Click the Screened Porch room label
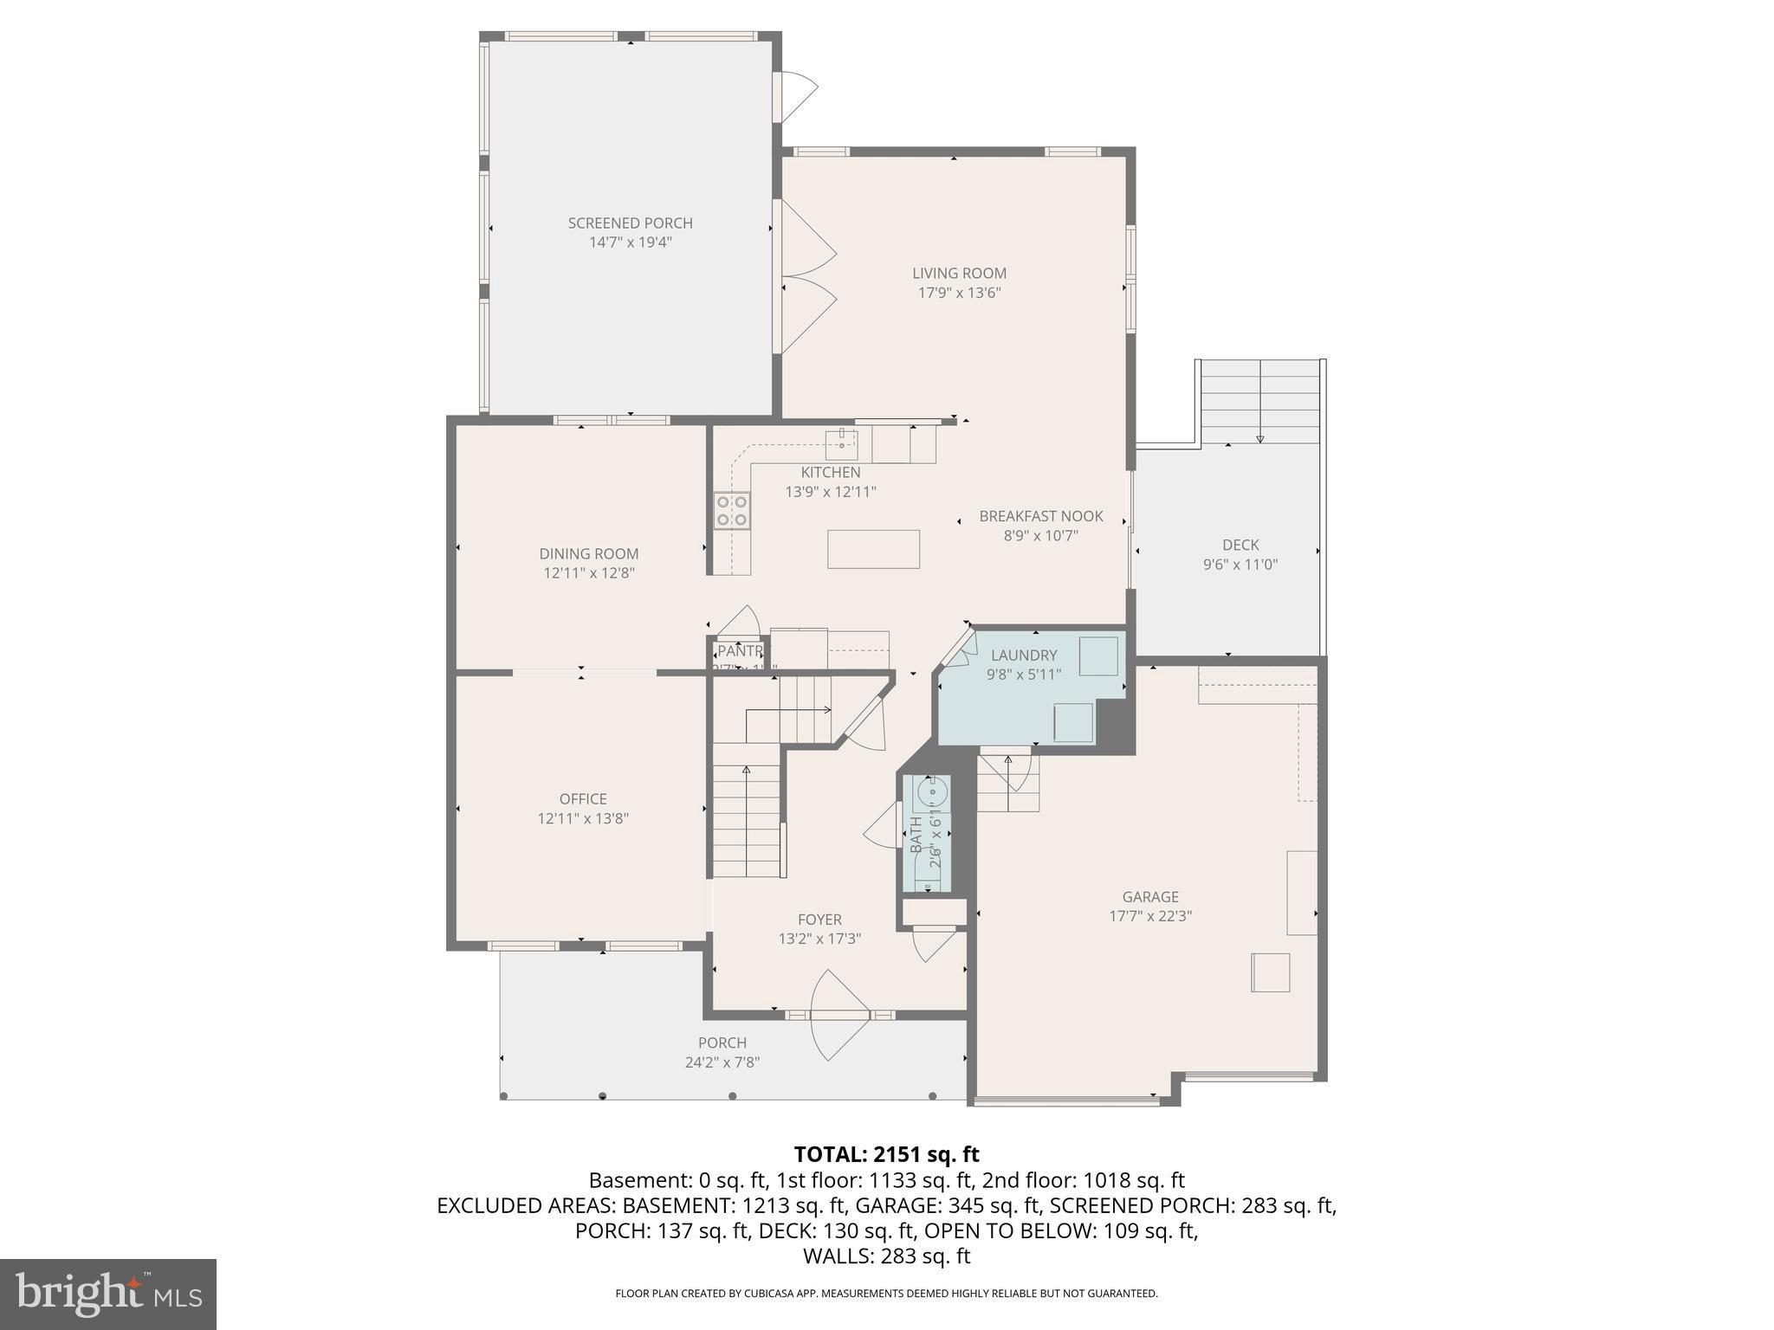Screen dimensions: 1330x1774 630,223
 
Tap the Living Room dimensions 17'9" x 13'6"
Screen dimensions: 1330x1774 959,293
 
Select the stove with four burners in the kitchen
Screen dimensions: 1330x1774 732,510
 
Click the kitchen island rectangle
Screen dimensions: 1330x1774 873,549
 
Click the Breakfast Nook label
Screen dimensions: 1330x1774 1040,516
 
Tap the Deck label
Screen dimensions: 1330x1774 1240,545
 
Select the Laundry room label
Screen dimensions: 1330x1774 1024,655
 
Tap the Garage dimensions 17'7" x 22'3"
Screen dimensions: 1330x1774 1150,916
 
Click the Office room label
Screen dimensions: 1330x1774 583,798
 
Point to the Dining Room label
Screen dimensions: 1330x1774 589,553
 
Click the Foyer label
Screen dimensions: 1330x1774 819,920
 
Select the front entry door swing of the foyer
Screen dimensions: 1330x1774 838,1016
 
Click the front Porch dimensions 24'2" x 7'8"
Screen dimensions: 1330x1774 722,1062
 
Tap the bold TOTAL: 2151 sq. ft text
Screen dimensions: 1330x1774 886,1154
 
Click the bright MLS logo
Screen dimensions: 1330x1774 108,1294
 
